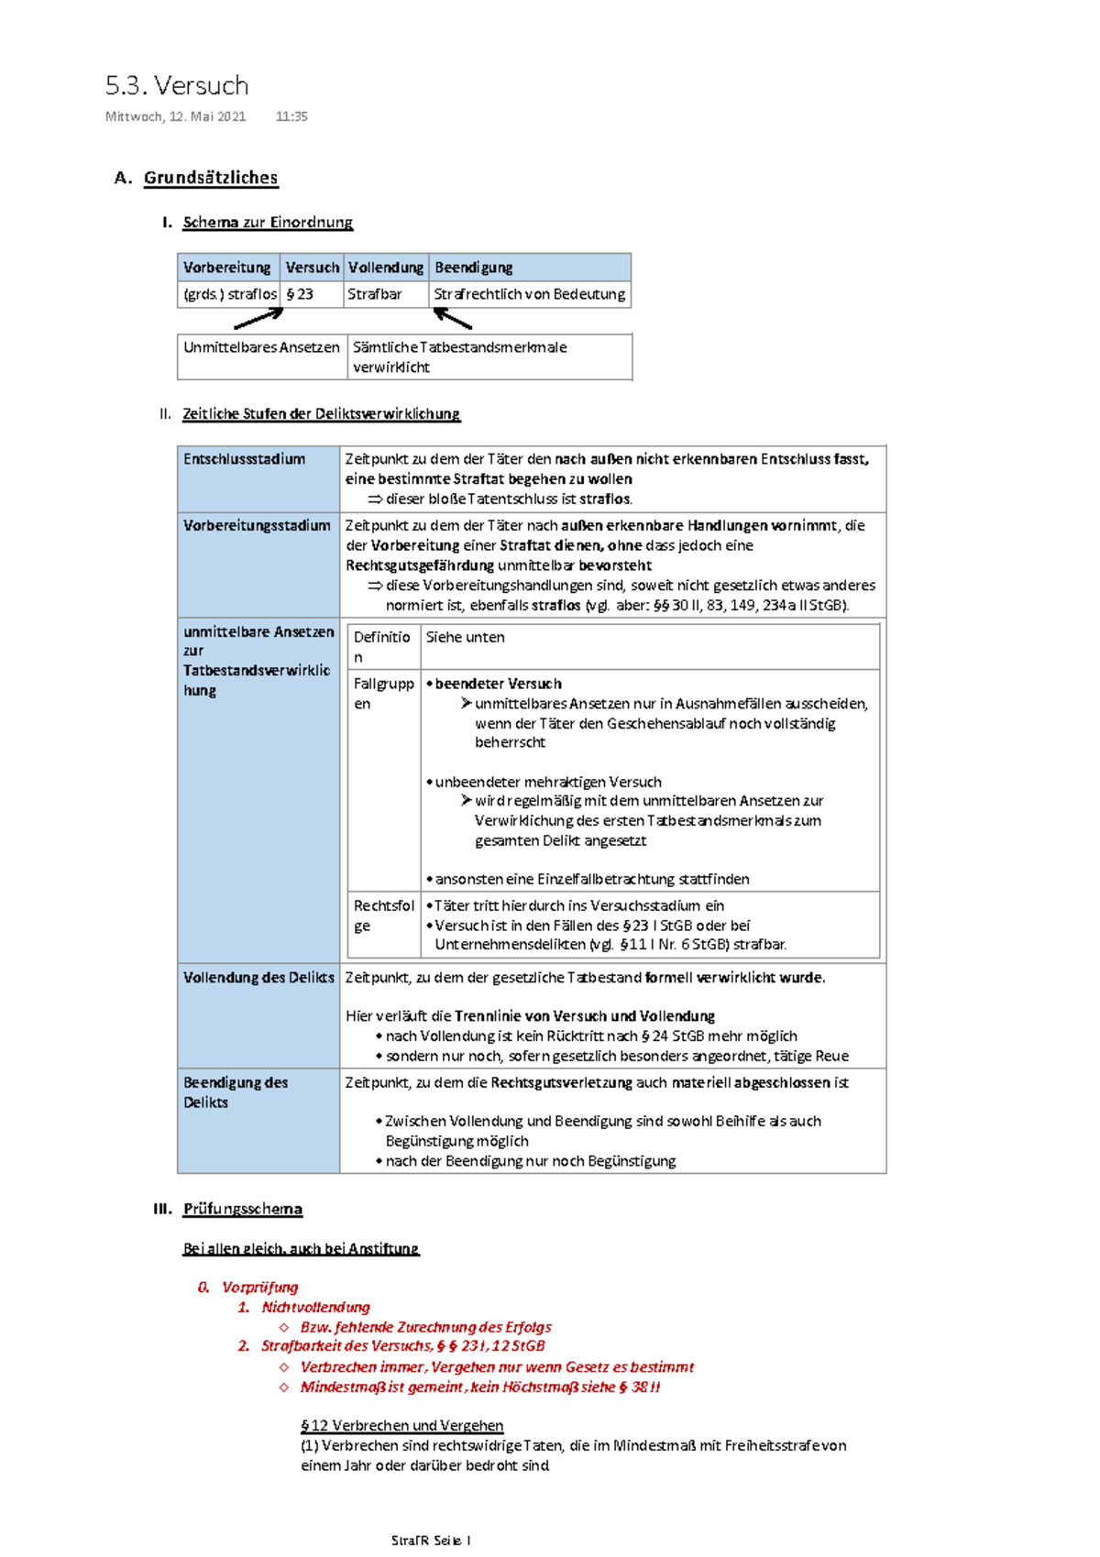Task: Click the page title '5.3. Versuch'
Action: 177,86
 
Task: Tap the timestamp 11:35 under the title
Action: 291,116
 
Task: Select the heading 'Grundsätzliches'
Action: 211,178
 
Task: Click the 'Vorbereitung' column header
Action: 226,268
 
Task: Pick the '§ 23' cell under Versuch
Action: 300,294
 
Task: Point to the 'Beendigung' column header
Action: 474,268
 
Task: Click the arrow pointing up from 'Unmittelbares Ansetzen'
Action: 259,319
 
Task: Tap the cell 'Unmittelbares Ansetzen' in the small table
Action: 261,347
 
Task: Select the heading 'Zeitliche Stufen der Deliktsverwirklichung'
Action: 321,414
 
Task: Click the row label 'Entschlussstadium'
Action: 244,459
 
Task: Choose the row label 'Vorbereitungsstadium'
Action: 257,526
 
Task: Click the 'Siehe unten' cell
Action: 465,637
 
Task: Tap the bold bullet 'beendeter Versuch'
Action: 498,684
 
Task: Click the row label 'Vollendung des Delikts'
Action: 258,978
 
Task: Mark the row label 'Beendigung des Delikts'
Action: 236,1092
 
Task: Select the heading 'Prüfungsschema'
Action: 243,1209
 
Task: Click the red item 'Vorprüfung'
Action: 259,1288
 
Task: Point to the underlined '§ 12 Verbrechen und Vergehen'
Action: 402,1426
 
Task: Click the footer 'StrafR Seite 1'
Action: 431,1541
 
